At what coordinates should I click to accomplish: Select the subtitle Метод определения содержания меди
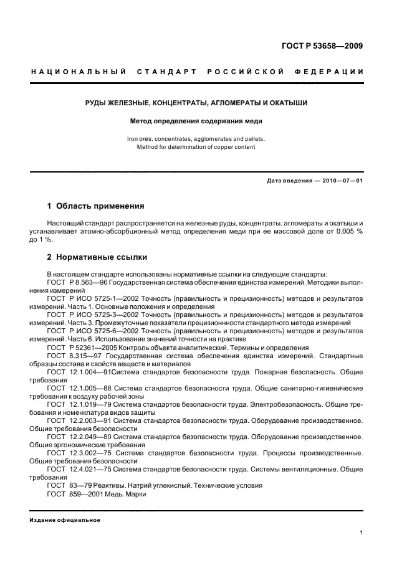click(x=196, y=121)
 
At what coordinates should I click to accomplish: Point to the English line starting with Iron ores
click(x=196, y=138)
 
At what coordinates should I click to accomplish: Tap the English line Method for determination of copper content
click(x=196, y=147)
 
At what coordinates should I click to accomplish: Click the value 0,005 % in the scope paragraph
click(x=345, y=231)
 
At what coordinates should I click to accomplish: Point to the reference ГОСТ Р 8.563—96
click(x=75, y=282)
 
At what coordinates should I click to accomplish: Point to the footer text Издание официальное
click(x=65, y=519)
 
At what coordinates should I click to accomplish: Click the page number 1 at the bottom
click(x=362, y=533)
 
